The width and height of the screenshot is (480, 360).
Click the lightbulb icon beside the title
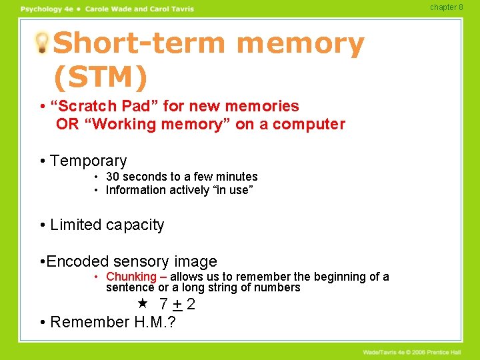43,43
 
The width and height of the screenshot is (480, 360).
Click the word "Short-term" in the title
141,44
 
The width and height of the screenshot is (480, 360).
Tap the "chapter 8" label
446,7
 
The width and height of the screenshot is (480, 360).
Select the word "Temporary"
88,161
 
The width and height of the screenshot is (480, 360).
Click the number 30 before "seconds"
113,177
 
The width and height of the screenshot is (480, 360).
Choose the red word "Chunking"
131,277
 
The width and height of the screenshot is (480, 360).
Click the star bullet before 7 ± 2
141,303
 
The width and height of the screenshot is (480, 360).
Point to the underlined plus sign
177,305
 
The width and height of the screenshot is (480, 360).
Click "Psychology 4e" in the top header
45,9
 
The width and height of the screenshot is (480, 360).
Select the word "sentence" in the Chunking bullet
130,288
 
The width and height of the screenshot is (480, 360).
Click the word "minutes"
235,177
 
